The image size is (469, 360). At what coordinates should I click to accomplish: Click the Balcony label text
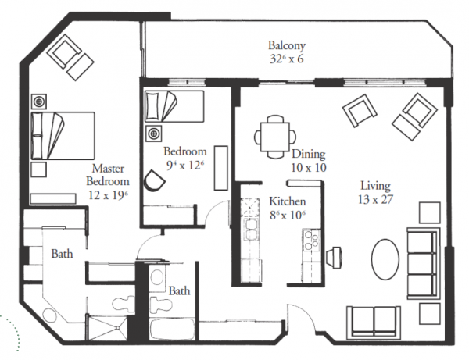coord(287,46)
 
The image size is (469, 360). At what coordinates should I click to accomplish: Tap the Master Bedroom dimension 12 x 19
coord(109,195)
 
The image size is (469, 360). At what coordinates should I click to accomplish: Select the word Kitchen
coord(288,201)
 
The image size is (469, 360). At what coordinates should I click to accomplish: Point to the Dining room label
coord(309,154)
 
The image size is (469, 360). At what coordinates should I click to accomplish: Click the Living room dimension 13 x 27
coord(375,200)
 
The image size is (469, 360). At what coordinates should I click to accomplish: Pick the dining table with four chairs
coord(275,137)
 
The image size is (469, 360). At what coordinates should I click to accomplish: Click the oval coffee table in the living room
coord(385,259)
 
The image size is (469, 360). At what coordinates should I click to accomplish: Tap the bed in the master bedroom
coord(63,136)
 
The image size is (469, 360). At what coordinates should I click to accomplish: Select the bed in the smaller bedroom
coord(174,106)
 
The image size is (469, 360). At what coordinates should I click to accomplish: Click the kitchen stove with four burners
coord(311,240)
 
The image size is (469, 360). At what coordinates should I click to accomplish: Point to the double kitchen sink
coord(252,229)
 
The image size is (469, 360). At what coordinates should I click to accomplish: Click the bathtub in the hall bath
coord(173,330)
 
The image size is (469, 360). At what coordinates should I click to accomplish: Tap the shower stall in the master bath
coord(108,327)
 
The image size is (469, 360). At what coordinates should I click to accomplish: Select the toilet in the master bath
coord(124,304)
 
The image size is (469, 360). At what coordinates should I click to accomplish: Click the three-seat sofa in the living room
coord(423,263)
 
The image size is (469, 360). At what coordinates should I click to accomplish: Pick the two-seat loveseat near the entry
coord(374,322)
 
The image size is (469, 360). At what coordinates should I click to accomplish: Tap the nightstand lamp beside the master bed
coord(39,102)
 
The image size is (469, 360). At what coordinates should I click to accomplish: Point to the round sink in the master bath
coord(49,315)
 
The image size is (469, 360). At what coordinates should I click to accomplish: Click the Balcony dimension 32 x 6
coord(287,59)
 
